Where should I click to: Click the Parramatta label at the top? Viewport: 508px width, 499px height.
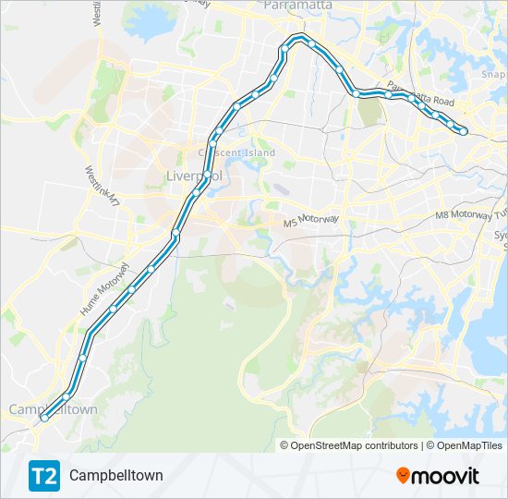coord(298,6)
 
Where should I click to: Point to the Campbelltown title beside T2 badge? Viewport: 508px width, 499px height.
coord(115,475)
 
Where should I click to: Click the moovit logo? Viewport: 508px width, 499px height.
coord(438,475)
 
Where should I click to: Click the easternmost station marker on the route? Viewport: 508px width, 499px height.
coord(464,132)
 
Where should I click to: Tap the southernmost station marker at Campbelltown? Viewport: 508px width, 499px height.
coord(43,418)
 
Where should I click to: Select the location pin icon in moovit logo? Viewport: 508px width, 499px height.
coord(404,476)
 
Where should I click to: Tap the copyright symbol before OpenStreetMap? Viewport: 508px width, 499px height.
coord(285,445)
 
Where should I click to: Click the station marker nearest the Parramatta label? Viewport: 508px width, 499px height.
coord(311,43)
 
